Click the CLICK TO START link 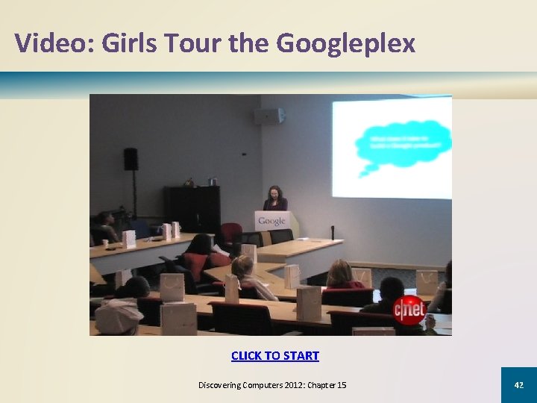(274, 356)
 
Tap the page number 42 (518, 385)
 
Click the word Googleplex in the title (345, 43)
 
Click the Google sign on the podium (271, 221)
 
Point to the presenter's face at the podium (274, 193)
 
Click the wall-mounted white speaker (268, 116)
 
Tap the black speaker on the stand (131, 158)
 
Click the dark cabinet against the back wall (192, 208)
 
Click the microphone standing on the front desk (332, 232)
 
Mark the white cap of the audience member (119, 316)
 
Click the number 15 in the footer (341, 385)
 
